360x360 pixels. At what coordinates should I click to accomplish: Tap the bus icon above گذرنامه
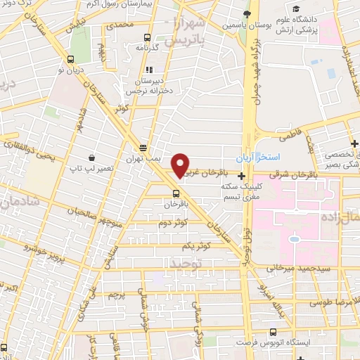click(x=147, y=37)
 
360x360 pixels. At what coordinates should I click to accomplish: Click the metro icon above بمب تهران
click(x=143, y=148)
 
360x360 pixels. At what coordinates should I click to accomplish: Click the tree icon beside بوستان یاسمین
click(x=246, y=14)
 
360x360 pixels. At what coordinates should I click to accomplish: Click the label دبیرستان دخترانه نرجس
click(x=149, y=85)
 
